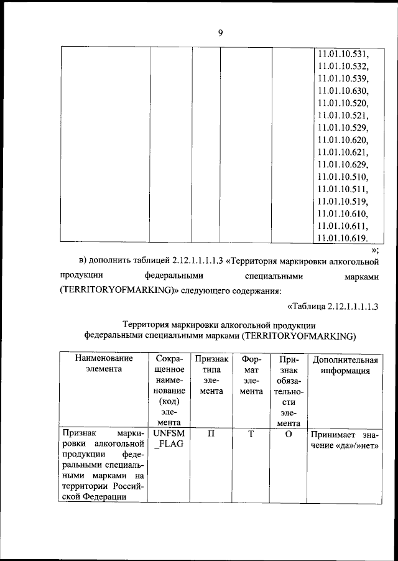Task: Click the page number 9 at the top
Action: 220,34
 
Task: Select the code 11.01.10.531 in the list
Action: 343,54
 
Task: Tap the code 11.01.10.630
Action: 343,91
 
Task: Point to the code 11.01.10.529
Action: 343,127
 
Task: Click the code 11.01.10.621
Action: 343,152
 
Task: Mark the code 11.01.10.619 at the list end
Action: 343,238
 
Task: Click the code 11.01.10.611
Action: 343,226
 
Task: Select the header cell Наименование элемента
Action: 104,364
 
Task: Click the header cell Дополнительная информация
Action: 345,365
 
